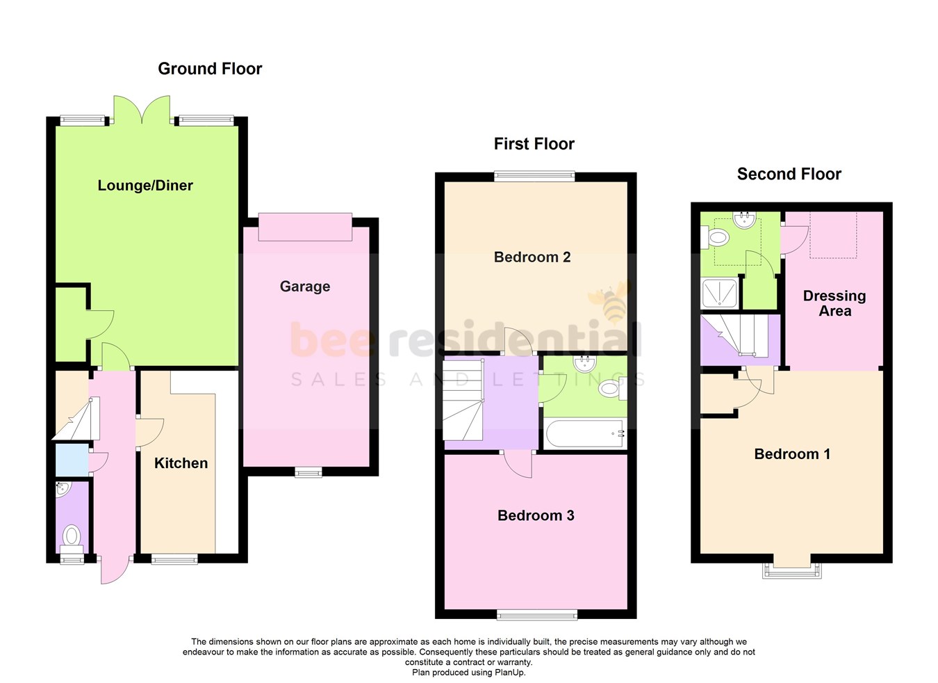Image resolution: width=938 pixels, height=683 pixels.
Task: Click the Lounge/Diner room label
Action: tap(145, 186)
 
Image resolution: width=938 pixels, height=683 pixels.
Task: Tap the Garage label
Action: tap(304, 287)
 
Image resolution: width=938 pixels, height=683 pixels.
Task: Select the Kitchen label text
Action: tap(181, 463)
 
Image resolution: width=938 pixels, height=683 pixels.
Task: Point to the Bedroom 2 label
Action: tap(532, 257)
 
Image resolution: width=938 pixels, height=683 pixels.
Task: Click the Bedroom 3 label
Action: tap(536, 515)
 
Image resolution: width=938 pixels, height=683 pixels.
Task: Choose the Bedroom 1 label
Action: tap(792, 454)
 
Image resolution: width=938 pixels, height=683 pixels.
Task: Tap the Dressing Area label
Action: tap(834, 303)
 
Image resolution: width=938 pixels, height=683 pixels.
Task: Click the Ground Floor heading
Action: tap(210, 69)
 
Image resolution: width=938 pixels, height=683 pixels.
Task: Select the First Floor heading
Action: tap(534, 144)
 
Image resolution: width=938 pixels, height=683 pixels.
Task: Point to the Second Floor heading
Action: tap(789, 175)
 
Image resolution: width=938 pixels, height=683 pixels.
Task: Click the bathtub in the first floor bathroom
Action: tap(585, 434)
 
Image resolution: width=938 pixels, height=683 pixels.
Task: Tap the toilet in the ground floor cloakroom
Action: tap(72, 537)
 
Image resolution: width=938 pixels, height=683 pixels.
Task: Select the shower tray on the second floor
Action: tap(719, 293)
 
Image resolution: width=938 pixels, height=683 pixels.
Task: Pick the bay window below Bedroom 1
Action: tap(792, 569)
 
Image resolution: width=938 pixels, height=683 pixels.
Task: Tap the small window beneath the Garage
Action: tap(308, 473)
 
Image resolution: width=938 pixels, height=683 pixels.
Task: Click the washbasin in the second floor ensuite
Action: tap(744, 220)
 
